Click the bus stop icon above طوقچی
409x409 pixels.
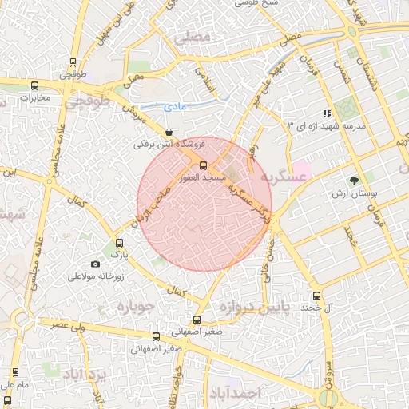point(73,62)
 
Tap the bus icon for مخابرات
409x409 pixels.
point(34,85)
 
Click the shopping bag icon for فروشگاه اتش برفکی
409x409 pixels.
point(168,133)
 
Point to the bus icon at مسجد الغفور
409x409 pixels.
point(202,165)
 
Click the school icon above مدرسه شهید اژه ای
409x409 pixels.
point(326,114)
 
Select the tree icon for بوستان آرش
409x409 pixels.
point(354,181)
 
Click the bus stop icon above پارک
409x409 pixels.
point(120,243)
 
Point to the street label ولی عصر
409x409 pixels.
point(68,326)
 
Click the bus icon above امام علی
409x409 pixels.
point(14,371)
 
